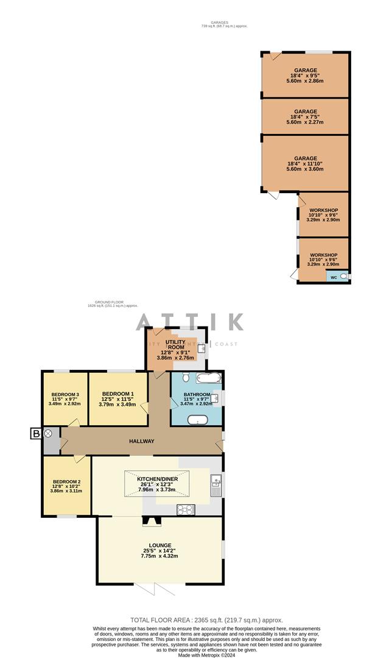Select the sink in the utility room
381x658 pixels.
(x=206, y=349)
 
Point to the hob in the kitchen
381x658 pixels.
(x=185, y=510)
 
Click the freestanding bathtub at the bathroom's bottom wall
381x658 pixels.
(x=197, y=420)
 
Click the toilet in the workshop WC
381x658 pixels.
(x=344, y=277)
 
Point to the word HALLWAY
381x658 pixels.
(x=141, y=442)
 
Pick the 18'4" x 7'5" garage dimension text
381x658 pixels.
(x=306, y=117)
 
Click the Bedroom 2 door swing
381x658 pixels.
(x=78, y=458)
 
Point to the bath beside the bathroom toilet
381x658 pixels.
(x=208, y=379)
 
